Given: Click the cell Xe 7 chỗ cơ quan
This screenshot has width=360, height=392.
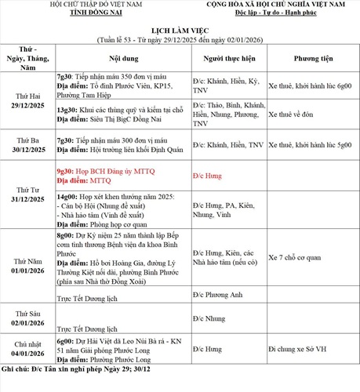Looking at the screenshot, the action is pyautogui.click(x=300, y=257).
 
